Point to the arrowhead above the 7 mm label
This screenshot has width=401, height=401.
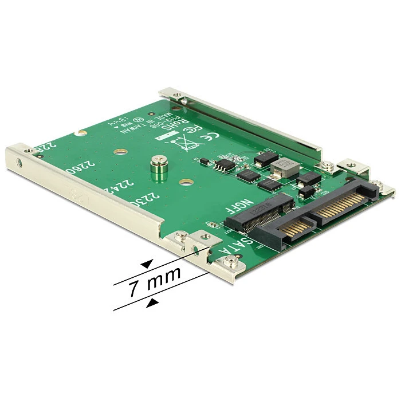pos(148,263)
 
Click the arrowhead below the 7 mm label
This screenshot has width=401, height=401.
pos(152,302)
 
